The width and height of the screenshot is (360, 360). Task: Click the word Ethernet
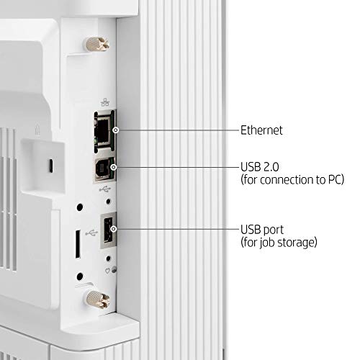(261, 130)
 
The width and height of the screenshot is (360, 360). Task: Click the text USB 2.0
(260, 167)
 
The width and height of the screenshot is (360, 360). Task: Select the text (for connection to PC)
(292, 179)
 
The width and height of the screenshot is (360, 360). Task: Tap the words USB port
(262, 230)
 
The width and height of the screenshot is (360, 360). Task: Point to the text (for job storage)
(279, 242)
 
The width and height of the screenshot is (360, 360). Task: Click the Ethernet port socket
(104, 131)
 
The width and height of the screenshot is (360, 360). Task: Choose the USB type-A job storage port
(109, 230)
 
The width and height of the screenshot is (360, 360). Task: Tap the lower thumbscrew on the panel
(97, 299)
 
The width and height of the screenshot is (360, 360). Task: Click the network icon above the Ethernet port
(105, 103)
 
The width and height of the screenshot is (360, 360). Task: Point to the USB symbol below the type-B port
(105, 189)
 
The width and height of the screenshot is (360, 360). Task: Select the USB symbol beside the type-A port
(91, 233)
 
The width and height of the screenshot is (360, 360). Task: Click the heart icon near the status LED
(107, 271)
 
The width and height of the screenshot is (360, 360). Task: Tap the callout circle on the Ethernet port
(116, 130)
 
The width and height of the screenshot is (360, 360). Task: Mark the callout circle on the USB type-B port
(114, 167)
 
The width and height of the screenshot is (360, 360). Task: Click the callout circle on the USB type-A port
(114, 229)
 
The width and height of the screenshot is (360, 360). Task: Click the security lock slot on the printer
(50, 166)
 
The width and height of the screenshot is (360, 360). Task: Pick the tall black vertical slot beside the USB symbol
(78, 244)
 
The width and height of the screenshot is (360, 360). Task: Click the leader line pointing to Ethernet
(179, 130)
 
